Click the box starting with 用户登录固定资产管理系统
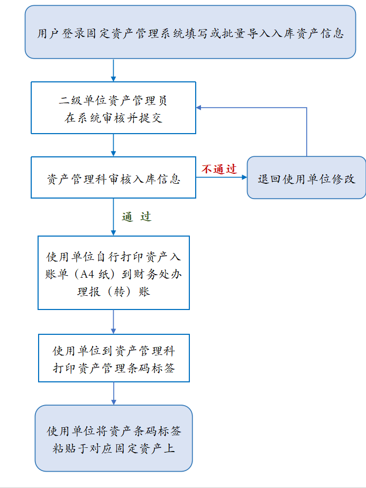click(190, 33)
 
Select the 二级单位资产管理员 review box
click(113, 108)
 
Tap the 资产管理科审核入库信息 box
click(113, 178)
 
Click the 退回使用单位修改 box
click(306, 178)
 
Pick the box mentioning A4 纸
click(113, 273)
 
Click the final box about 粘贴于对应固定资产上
click(113, 438)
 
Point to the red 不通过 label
click(219, 169)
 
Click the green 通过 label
click(136, 217)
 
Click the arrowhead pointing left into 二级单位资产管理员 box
click(199, 108)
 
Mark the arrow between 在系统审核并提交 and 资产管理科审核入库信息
click(113, 145)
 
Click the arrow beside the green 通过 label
click(113, 217)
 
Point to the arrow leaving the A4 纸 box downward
click(113, 322)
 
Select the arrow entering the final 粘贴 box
click(113, 393)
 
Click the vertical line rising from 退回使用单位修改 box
click(307, 132)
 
